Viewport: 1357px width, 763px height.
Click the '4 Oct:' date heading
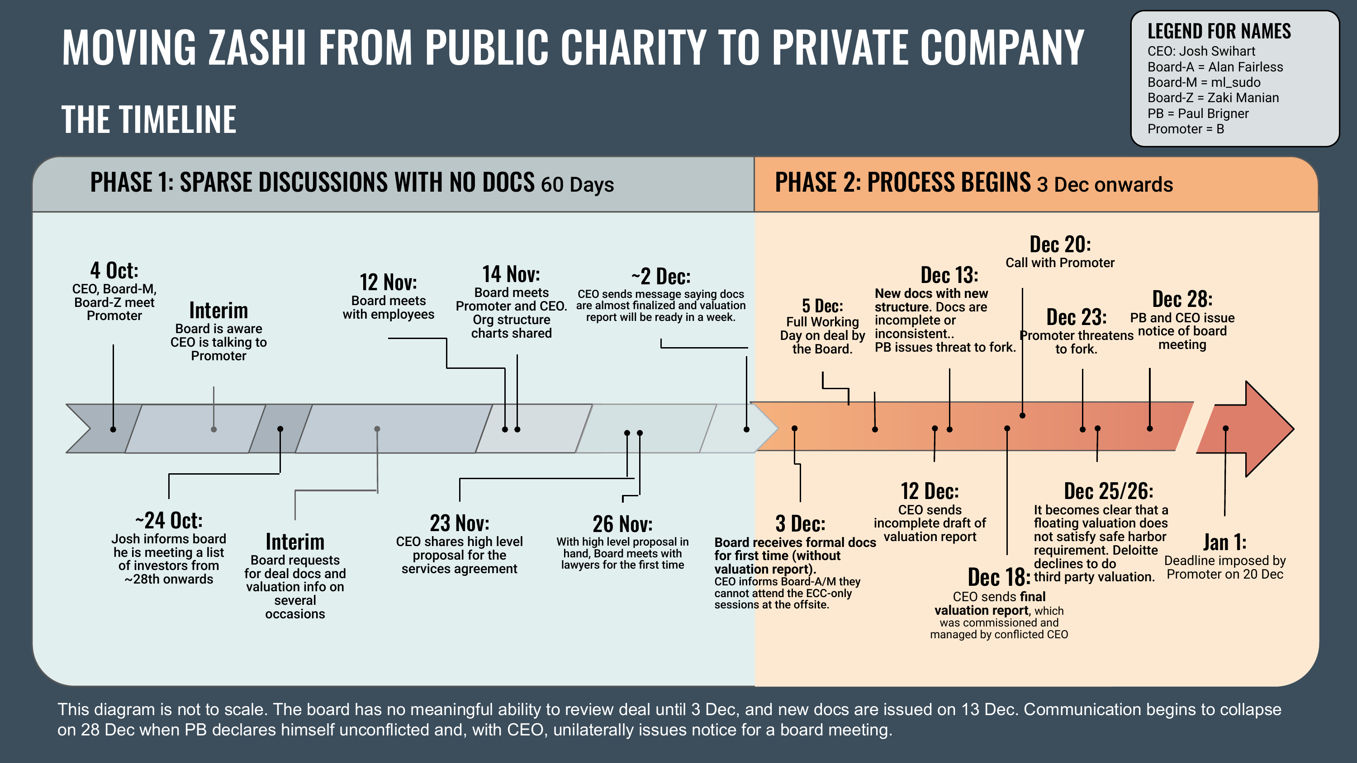114,271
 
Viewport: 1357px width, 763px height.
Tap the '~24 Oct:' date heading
169,520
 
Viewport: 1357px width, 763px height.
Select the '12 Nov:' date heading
388,282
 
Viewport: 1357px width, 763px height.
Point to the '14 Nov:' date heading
511,274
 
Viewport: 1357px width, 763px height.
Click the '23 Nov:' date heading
460,523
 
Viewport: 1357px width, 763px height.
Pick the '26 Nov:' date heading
622,524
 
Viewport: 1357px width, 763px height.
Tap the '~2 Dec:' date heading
660,277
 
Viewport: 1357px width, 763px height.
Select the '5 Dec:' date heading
822,306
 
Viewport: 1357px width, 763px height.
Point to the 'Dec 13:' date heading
949,275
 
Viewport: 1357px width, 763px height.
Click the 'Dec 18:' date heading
999,577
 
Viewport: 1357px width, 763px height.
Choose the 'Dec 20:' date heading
1060,245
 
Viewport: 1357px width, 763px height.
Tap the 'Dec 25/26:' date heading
1108,491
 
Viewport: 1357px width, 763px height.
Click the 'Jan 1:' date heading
1224,542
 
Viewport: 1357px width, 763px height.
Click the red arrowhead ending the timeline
1264,429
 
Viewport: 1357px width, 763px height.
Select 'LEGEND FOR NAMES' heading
1219,32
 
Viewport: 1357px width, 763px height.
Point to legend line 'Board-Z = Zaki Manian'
1213,98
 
